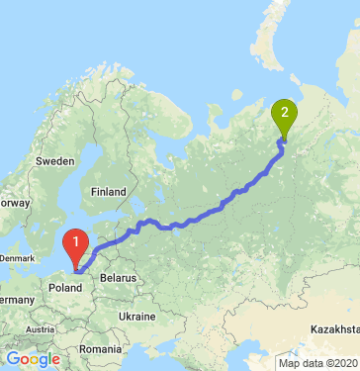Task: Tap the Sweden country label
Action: click(55, 159)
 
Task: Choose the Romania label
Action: click(100, 349)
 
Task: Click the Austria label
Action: click(40, 329)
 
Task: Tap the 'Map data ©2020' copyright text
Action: click(317, 363)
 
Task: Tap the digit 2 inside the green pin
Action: click(286, 110)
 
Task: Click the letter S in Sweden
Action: click(40, 159)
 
